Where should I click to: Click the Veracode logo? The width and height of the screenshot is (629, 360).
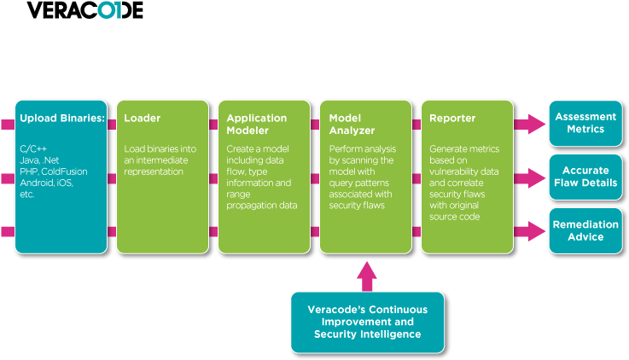[84, 10]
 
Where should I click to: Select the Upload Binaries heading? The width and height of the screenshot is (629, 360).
[61, 118]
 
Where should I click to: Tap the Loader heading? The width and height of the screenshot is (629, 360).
[142, 118]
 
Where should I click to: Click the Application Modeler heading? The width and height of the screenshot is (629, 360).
[256, 124]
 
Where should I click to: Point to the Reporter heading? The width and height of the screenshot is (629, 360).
[452, 118]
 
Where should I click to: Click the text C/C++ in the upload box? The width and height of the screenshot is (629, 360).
[34, 149]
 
